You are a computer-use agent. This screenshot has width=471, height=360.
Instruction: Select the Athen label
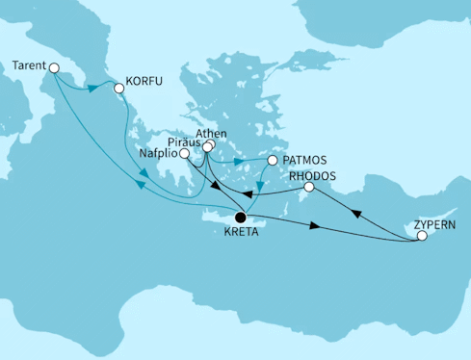pos(210,135)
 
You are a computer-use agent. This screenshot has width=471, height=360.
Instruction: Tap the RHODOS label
pos(311,177)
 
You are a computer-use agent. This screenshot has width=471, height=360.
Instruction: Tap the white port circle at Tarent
pos(54,67)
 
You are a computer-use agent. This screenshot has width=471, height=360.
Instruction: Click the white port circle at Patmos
pos(273,161)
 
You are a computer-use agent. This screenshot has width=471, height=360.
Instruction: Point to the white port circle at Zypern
pos(421,236)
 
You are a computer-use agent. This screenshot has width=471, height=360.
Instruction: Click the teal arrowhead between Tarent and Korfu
pos(94,87)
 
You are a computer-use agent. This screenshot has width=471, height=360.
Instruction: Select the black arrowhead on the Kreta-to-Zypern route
pos(316,228)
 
